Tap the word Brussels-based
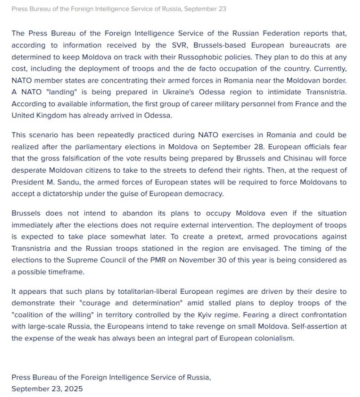click(223, 45)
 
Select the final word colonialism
click(272, 338)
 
